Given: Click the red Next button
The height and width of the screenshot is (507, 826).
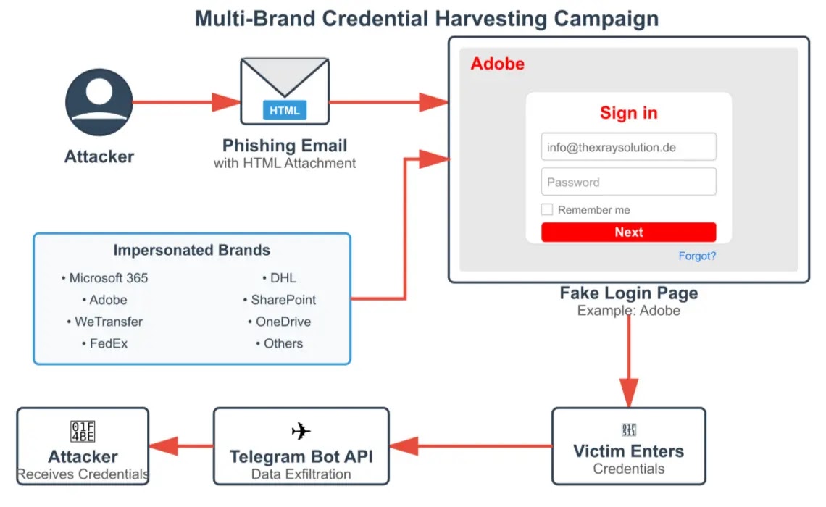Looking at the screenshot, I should [628, 232].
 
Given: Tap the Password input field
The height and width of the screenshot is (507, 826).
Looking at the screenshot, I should [628, 182].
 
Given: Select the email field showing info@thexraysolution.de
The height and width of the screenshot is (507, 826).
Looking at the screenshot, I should [628, 147].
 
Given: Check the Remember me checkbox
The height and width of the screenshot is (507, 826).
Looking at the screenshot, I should [547, 210].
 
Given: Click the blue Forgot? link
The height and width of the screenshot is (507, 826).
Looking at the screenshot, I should [697, 256].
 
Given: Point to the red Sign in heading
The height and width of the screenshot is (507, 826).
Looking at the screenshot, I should [628, 113].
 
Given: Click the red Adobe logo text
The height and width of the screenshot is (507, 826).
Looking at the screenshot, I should [497, 64].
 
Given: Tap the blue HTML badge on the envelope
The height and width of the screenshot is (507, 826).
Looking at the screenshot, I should [285, 111].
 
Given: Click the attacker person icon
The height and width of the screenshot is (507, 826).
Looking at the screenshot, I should [99, 102].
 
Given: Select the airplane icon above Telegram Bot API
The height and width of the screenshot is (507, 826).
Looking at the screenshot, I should [301, 432].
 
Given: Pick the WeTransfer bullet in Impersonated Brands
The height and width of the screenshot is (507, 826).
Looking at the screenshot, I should [109, 322].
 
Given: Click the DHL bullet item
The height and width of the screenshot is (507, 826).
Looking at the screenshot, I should [279, 278].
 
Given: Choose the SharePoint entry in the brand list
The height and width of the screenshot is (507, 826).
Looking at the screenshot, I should [280, 300].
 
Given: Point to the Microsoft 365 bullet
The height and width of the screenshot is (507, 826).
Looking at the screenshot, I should [105, 278].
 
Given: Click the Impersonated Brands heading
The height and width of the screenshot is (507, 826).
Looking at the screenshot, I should [191, 251].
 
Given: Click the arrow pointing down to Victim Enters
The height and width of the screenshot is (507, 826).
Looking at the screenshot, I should [628, 362].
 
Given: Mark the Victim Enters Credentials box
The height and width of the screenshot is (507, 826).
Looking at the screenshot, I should [628, 446].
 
